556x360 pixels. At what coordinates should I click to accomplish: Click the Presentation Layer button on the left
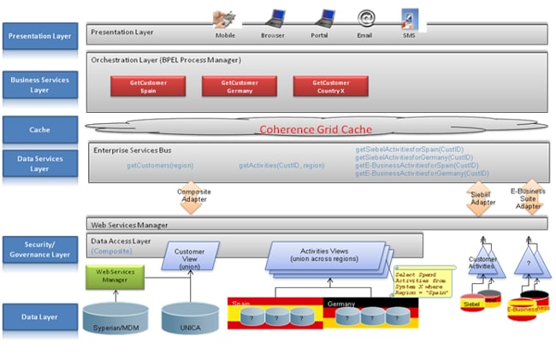(x=38, y=37)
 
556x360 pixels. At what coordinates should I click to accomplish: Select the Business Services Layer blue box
(x=38, y=84)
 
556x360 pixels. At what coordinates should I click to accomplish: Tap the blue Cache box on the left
(x=38, y=130)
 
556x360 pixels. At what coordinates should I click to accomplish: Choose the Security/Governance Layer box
(x=38, y=250)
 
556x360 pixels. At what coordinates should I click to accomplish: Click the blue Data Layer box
(x=38, y=316)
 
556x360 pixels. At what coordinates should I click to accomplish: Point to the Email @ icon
(x=365, y=18)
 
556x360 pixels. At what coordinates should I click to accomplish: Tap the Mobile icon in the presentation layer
(x=226, y=17)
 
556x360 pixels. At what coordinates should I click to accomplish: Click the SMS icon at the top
(x=410, y=18)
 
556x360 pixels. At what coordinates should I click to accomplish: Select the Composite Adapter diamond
(x=194, y=196)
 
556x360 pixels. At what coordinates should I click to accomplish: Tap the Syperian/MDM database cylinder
(x=116, y=318)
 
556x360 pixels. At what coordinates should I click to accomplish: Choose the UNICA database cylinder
(x=189, y=318)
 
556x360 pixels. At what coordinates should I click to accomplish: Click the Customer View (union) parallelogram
(x=189, y=256)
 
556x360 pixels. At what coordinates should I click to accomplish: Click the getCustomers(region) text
(x=160, y=165)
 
